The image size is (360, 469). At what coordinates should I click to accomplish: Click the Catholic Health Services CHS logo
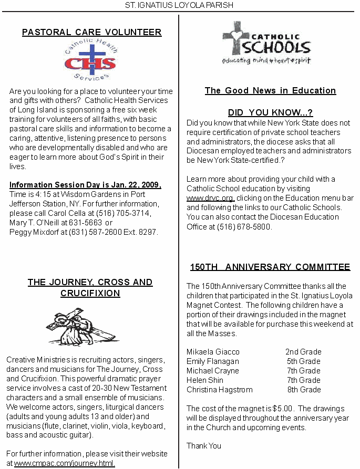(x=90, y=60)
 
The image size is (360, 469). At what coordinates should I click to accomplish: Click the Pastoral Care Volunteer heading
(x=92, y=32)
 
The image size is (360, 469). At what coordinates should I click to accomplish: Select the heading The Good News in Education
(x=270, y=90)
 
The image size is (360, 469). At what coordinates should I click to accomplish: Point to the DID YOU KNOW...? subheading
(x=270, y=113)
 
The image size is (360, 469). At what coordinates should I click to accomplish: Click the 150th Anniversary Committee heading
(x=270, y=267)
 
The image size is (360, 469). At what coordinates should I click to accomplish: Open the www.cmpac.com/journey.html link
(x=65, y=463)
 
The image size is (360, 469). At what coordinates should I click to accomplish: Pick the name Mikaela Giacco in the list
(x=213, y=352)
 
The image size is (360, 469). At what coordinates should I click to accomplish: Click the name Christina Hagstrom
(x=220, y=390)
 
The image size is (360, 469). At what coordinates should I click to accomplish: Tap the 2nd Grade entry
(x=303, y=352)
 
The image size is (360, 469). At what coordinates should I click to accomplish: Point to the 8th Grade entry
(x=304, y=390)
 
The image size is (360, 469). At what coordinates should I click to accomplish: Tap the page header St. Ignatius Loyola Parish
(x=179, y=5)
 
